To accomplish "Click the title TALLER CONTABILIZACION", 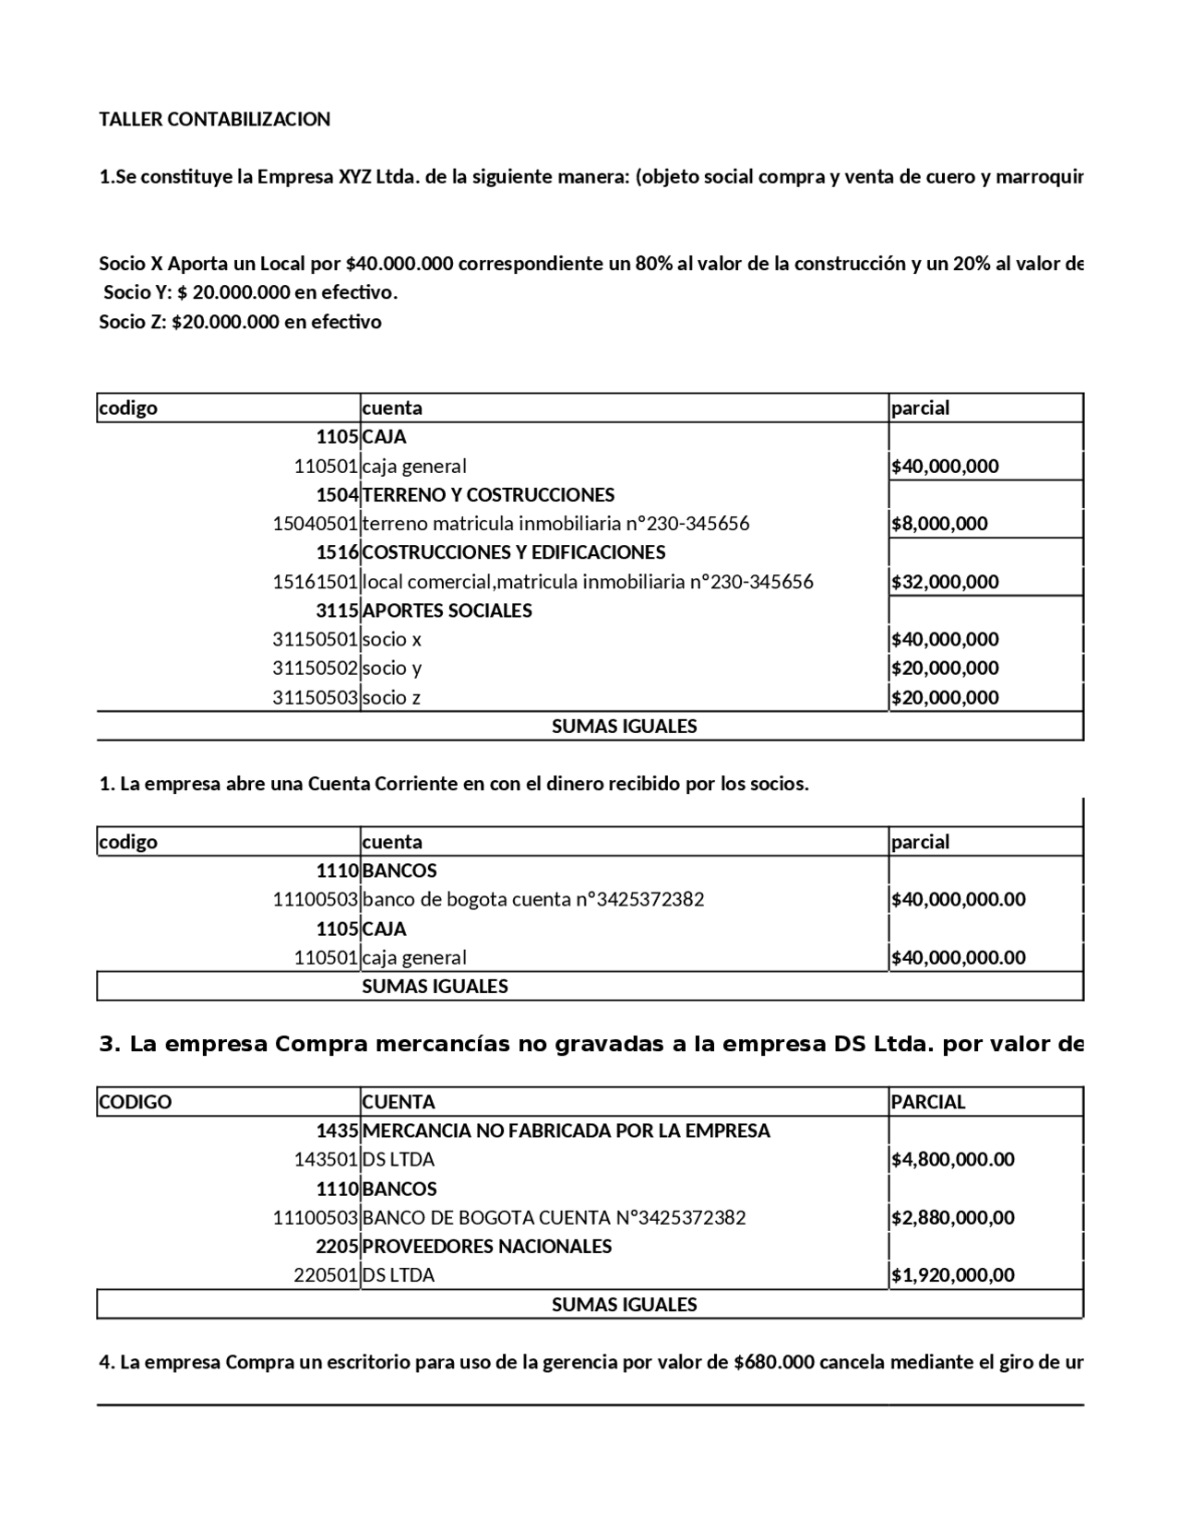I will pyautogui.click(x=214, y=119).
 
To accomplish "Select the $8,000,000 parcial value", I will pyautogui.click(x=939, y=524).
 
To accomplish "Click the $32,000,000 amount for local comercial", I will pyautogui.click(x=945, y=582).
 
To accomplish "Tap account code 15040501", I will pyautogui.click(x=315, y=524).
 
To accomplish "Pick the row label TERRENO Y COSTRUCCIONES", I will pyautogui.click(x=488, y=495).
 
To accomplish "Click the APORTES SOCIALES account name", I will pyautogui.click(x=447, y=610).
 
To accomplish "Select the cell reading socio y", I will pyautogui.click(x=391, y=668).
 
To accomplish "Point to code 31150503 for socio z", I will pyautogui.click(x=315, y=697).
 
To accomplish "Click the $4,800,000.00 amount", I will pyautogui.click(x=952, y=1159).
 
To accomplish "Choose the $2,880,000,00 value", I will pyautogui.click(x=952, y=1217).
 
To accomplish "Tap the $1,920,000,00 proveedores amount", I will pyautogui.click(x=952, y=1275).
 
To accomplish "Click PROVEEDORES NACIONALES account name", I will pyautogui.click(x=486, y=1246).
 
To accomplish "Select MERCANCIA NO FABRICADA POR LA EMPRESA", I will pyautogui.click(x=566, y=1130).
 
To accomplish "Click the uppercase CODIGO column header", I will pyautogui.click(x=135, y=1102).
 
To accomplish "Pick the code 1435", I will pyautogui.click(x=337, y=1130).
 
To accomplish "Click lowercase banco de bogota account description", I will pyautogui.click(x=532, y=899).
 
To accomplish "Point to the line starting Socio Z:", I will pyautogui.click(x=240, y=322).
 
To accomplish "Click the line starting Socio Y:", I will pyautogui.click(x=250, y=293).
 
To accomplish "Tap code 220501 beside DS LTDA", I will pyautogui.click(x=326, y=1275).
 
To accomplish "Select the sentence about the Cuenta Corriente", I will pyautogui.click(x=453, y=785).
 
